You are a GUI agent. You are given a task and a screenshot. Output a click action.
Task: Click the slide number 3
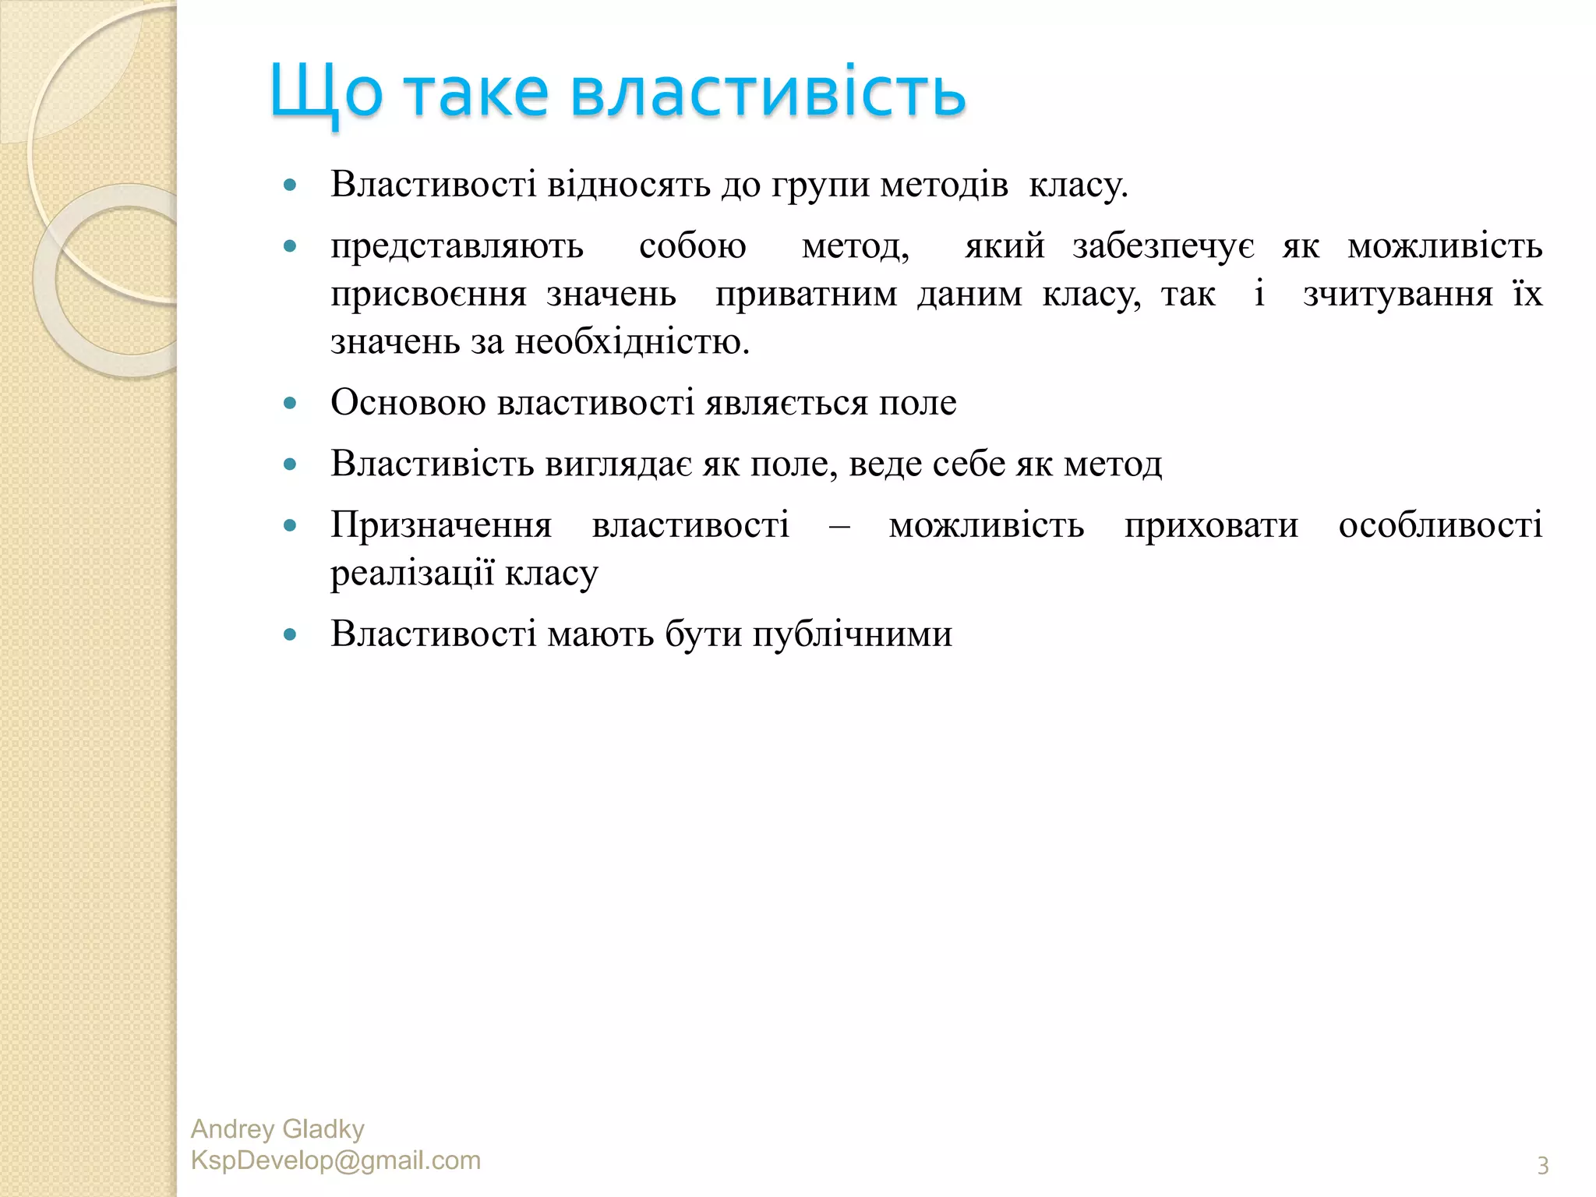(1542, 1165)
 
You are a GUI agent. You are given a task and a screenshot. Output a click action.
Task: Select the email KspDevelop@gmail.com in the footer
(336, 1160)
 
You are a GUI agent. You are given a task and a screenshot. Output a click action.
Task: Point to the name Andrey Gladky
(277, 1129)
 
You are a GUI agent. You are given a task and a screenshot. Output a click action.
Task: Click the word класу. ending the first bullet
(1078, 185)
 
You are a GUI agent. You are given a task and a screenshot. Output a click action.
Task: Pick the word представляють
(457, 246)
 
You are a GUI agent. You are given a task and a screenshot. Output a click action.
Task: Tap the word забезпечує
(1163, 246)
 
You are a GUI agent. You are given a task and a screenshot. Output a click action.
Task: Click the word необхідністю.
(632, 342)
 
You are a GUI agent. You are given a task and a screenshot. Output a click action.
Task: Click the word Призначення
(441, 525)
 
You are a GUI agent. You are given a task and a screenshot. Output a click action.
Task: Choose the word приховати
(1211, 525)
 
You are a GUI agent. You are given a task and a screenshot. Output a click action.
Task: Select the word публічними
(853, 634)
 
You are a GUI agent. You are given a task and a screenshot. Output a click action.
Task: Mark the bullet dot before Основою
(291, 404)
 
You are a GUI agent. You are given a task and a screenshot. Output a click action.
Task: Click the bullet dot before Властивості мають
(291, 635)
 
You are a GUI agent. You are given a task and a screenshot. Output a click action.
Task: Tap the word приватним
(806, 295)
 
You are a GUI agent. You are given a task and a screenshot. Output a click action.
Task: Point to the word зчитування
(1398, 295)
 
